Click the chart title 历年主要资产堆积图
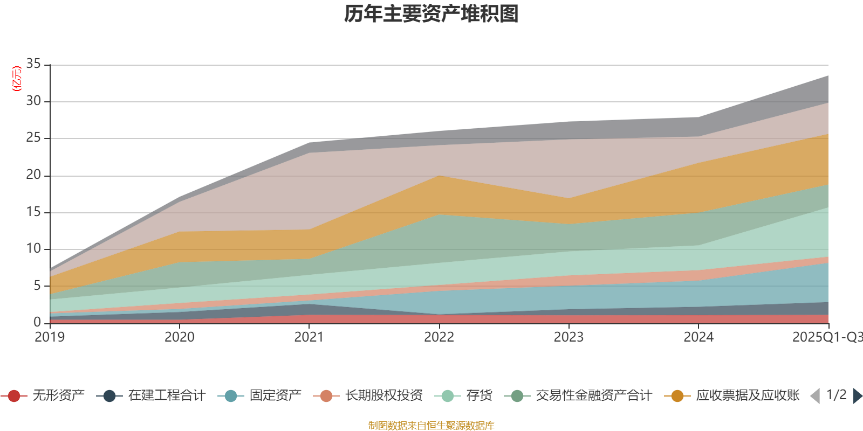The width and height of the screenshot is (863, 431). pos(432,14)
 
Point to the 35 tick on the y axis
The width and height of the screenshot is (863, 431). pos(33,64)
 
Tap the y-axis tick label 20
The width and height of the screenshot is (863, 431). pos(33,175)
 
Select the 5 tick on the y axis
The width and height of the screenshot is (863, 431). pos(37,286)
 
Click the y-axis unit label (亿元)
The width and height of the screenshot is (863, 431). pos(17,79)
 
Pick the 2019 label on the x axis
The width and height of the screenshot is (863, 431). pos(50,337)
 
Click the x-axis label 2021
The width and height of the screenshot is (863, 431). pos(309,337)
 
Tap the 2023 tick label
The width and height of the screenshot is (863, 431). pos(569,337)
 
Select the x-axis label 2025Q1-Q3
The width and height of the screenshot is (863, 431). pos(826,337)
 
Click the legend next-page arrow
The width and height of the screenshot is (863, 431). pos(857,396)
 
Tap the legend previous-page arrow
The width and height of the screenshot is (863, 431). pos(815,396)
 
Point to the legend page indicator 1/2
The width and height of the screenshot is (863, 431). pos(836,395)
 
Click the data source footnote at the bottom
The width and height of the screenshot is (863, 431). pos(431,426)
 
